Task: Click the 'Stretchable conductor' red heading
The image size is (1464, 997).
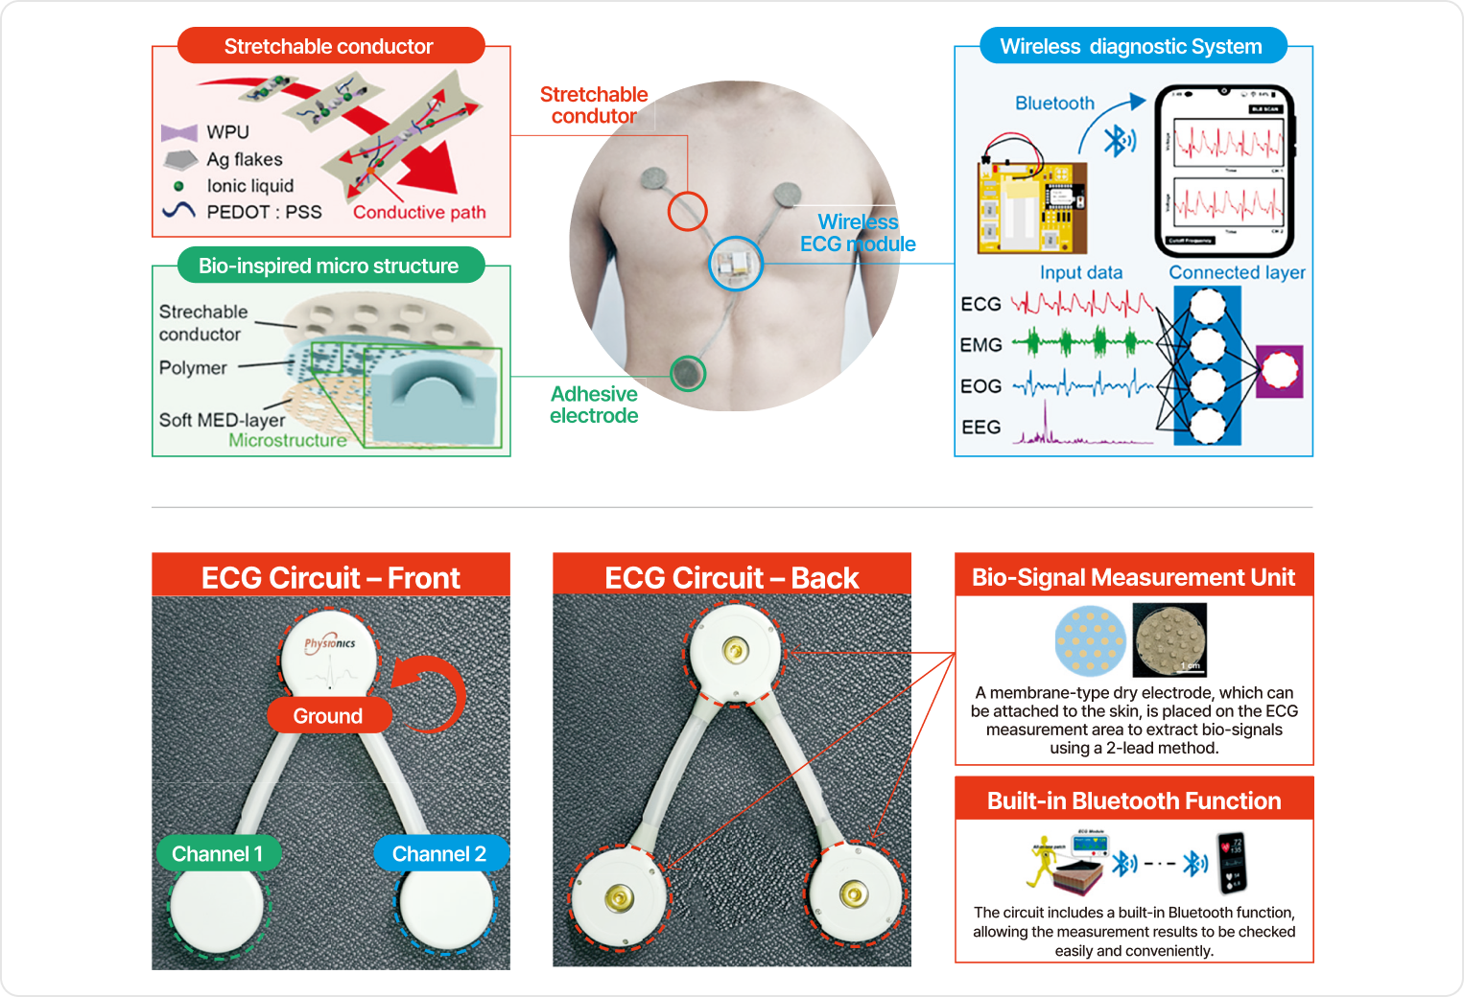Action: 329,46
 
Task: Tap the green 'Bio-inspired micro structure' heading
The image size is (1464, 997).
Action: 329,266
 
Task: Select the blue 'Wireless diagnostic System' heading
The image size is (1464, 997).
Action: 1131,46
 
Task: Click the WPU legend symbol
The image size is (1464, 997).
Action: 179,132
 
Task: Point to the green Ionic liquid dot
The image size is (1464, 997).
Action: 178,186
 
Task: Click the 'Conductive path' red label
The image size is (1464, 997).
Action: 419,212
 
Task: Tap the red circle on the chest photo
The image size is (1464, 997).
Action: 687,211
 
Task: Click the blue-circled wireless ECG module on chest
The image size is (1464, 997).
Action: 736,264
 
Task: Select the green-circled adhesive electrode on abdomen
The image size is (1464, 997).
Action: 687,373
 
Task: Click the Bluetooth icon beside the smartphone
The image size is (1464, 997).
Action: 1118,142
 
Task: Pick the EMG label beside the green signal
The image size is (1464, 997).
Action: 980,345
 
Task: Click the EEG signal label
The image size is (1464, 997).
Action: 980,428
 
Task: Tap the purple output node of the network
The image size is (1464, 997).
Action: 1279,372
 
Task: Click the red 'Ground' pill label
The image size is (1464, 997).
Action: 328,716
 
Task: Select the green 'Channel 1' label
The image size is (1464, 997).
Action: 217,854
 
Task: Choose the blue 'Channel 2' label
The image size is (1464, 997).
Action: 439,854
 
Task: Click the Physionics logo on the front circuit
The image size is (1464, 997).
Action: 330,643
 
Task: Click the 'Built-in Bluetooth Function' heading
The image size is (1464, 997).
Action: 1134,800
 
